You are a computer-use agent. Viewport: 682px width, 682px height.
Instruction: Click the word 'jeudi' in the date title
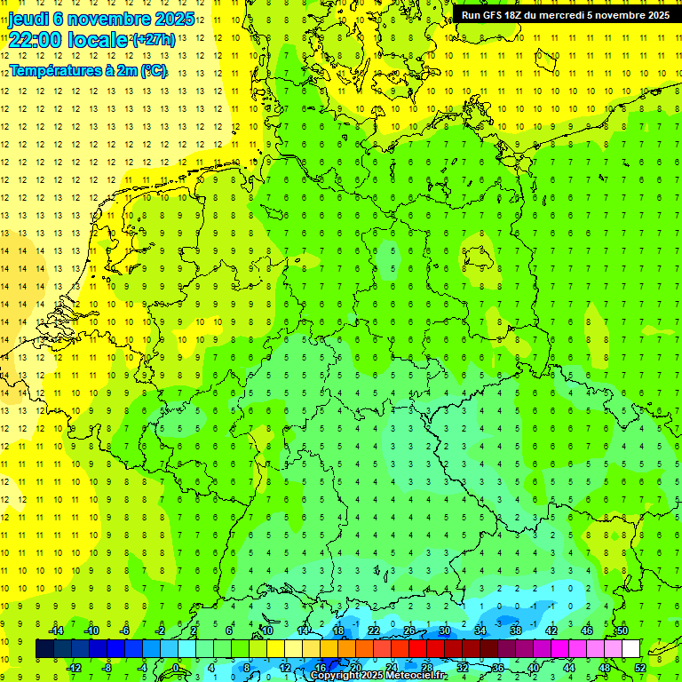[x=28, y=18]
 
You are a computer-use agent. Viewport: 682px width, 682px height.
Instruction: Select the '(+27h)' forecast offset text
[x=154, y=40]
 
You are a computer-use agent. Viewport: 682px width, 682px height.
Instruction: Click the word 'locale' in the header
[x=96, y=40]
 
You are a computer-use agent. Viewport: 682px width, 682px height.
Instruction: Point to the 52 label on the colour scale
[x=640, y=668]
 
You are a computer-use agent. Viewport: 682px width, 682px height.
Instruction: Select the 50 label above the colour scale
[x=623, y=630]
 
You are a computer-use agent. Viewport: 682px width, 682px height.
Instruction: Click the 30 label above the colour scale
[x=445, y=630]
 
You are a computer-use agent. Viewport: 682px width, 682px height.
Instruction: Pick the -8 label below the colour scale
[x=108, y=668]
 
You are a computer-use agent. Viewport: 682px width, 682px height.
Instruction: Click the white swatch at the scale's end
[x=630, y=649]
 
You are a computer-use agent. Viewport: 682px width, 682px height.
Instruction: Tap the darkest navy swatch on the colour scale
[x=44, y=649]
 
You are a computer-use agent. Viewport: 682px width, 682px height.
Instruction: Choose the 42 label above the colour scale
[x=551, y=630]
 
